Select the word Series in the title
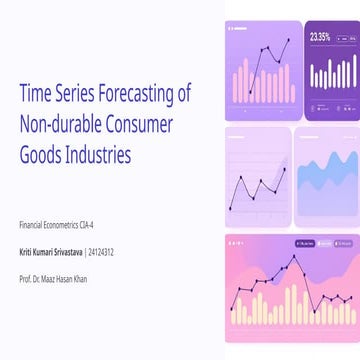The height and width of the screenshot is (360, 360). pos(72,94)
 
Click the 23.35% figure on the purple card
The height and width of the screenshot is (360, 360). pos(320,37)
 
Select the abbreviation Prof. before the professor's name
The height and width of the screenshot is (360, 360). pos(26,278)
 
